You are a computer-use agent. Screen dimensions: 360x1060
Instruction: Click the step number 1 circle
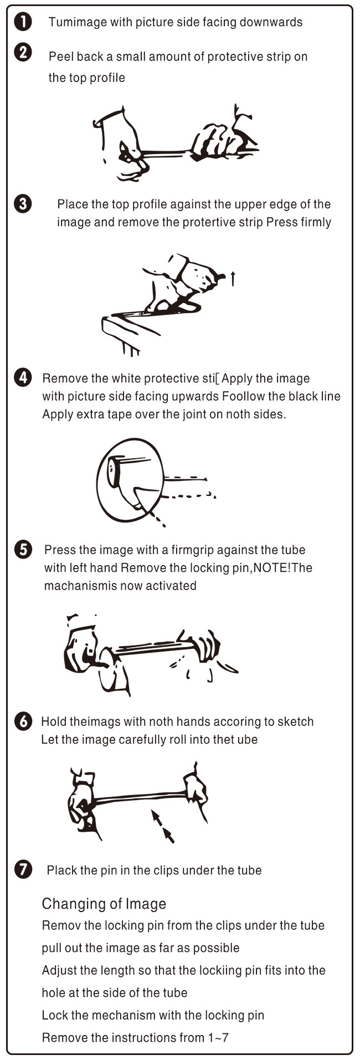tap(22, 22)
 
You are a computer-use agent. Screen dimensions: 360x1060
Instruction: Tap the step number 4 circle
tap(22, 378)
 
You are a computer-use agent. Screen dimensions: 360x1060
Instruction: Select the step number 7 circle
tap(22, 870)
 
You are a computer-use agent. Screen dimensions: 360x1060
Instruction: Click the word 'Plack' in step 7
tap(60, 870)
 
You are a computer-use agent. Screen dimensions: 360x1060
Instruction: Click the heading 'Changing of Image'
tap(104, 904)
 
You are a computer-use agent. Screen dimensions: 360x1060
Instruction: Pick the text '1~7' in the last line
tap(218, 1037)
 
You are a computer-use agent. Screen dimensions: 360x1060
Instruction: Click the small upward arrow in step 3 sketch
tap(233, 279)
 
